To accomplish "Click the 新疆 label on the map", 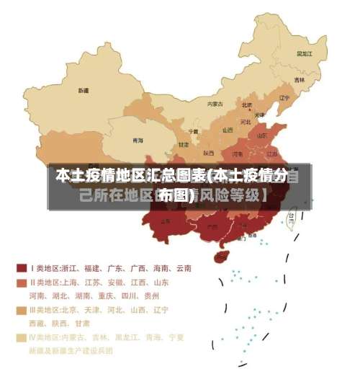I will (84, 91).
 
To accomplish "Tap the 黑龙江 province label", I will (304, 53).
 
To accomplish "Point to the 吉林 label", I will (299, 80).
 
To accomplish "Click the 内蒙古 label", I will (215, 104).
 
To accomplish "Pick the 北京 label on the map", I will (246, 105).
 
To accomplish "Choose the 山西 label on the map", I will (228, 130).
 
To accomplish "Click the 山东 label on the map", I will (262, 135).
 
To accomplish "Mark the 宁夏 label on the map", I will (193, 132).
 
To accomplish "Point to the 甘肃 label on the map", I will (184, 144).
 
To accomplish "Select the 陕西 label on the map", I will (208, 153).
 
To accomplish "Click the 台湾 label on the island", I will (291, 215).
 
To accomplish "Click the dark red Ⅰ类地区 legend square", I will (22, 268).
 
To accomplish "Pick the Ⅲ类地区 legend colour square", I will (22, 310).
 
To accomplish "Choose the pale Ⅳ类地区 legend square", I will (22, 337).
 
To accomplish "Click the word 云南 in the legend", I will (183, 268).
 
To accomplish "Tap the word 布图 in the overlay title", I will (177, 195).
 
